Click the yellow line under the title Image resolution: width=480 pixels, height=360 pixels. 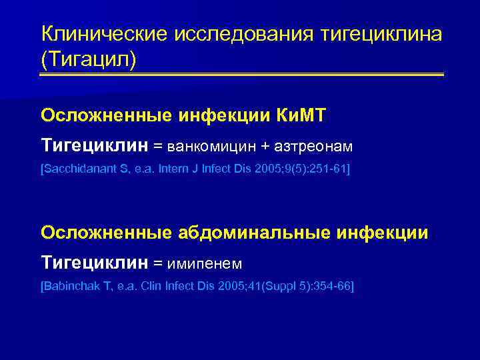click(x=241, y=74)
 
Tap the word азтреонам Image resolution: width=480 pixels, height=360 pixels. click(x=315, y=145)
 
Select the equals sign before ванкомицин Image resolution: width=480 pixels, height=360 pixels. click(x=157, y=145)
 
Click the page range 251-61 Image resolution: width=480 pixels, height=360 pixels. click(x=329, y=169)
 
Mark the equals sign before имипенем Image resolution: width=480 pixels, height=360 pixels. click(x=157, y=263)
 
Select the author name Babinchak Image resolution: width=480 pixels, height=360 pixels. click(x=71, y=286)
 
